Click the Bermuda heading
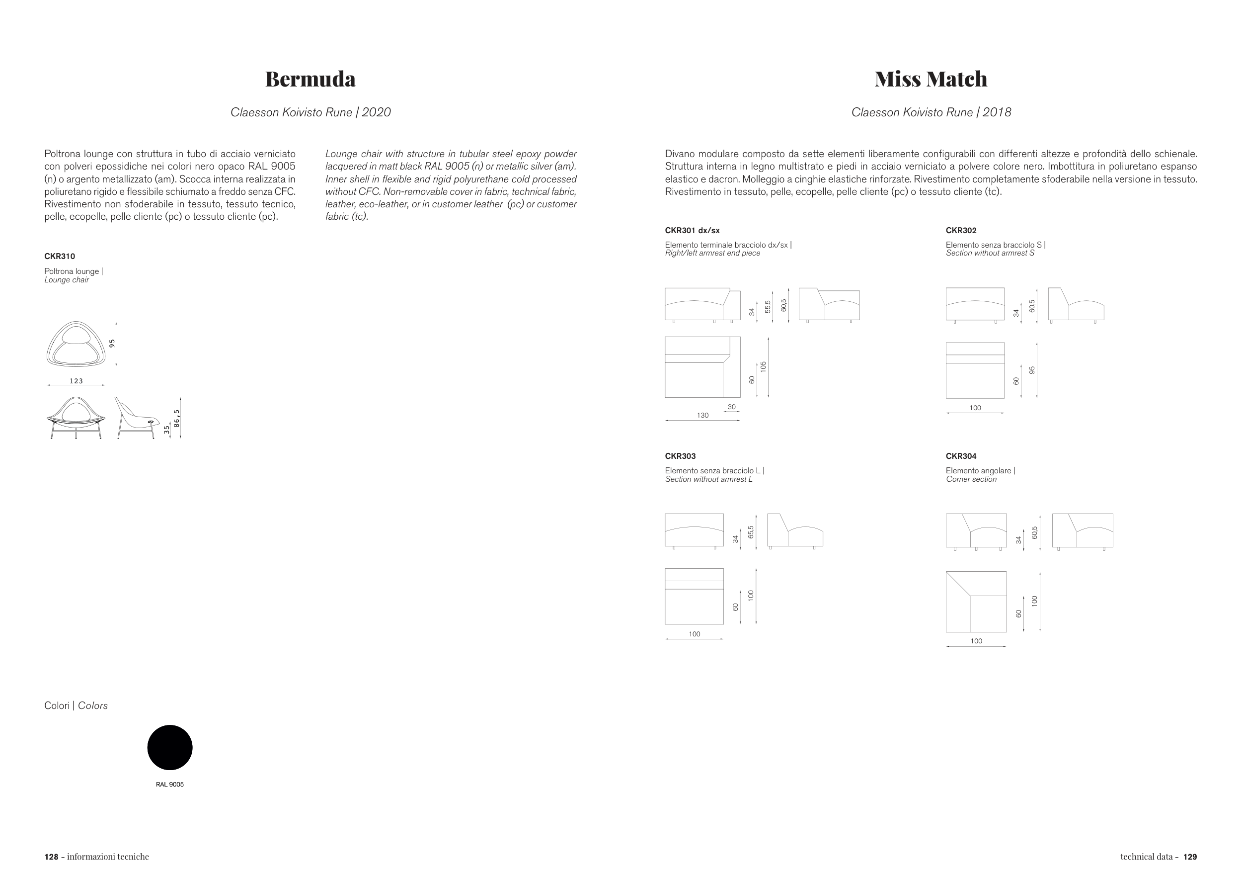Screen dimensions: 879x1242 310,79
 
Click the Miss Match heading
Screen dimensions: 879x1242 931,79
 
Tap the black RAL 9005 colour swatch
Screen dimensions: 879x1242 170,747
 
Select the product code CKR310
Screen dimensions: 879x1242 60,256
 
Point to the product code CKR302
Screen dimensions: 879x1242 961,230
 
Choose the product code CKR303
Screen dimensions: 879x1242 680,456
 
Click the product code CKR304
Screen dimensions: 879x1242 961,456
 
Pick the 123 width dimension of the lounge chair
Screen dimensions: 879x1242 77,381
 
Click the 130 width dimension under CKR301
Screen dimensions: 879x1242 702,415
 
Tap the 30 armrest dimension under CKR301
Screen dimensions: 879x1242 731,407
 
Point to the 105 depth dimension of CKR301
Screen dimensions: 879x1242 763,366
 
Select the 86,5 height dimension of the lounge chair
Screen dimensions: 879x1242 176,418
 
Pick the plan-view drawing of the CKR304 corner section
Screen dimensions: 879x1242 976,602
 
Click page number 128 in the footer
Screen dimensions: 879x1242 51,856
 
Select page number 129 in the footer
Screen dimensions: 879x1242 1190,856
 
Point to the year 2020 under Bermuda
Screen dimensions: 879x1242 376,112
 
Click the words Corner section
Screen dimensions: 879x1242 971,479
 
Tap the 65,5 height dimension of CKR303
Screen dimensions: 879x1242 751,531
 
